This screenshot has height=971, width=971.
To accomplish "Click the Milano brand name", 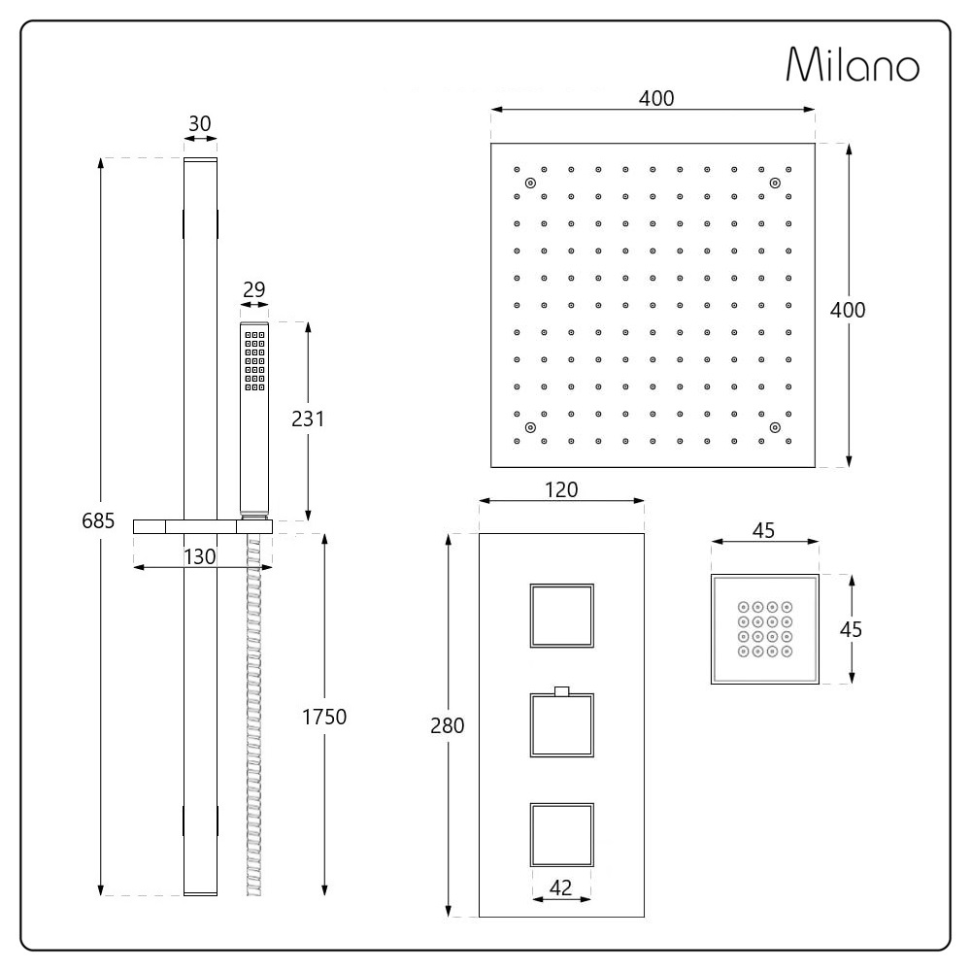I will pyautogui.click(x=853, y=66).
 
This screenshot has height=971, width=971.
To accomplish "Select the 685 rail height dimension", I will pyautogui.click(x=99, y=522).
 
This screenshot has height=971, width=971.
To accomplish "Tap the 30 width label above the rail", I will pyautogui.click(x=200, y=124).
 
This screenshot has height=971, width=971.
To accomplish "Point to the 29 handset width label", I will pyautogui.click(x=254, y=289).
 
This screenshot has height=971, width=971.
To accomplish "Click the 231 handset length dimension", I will pyautogui.click(x=308, y=419).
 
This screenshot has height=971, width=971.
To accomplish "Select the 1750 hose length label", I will pyautogui.click(x=324, y=717).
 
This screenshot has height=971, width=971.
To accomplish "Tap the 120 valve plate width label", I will pyautogui.click(x=561, y=489).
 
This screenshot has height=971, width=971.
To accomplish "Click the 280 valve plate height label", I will pyautogui.click(x=449, y=725).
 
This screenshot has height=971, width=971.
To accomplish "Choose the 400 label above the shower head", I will pyautogui.click(x=656, y=98).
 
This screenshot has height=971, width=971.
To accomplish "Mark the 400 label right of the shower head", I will pyautogui.click(x=848, y=310).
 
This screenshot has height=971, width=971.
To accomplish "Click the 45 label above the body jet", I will pyautogui.click(x=764, y=531).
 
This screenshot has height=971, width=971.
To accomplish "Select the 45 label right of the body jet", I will pyautogui.click(x=851, y=628).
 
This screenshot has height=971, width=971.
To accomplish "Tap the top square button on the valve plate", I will pyautogui.click(x=561, y=616).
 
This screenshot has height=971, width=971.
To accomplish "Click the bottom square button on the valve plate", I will pyautogui.click(x=561, y=835).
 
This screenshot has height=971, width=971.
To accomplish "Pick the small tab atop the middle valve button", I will pyautogui.click(x=560, y=691).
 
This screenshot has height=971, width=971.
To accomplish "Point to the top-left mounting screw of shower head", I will pyautogui.click(x=530, y=184).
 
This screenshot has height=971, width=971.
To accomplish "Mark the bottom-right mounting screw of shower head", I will pyautogui.click(x=775, y=426).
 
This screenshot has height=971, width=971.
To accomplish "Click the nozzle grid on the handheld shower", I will pyautogui.click(x=255, y=361).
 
